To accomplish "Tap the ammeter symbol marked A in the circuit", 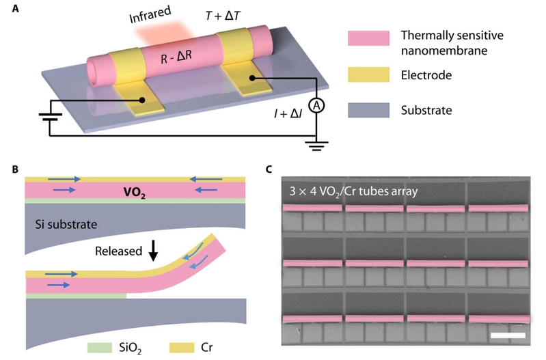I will [x=316, y=105].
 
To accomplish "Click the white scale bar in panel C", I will [x=508, y=335].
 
